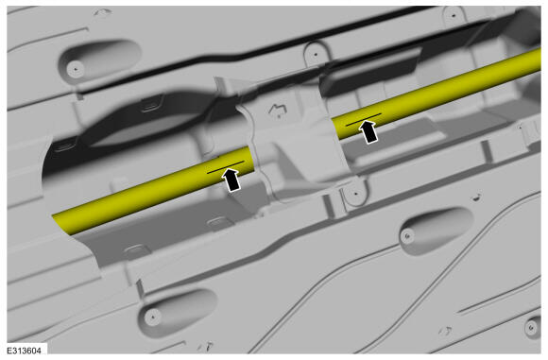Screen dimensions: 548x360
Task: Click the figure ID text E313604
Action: tap(25, 351)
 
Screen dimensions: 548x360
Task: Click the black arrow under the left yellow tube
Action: tap(231, 180)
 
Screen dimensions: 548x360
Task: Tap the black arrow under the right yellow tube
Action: tap(368, 131)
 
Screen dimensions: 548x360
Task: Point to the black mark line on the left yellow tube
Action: tap(226, 167)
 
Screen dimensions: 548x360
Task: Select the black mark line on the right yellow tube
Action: tap(364, 119)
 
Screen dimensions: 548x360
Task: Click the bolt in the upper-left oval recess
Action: tap(76, 69)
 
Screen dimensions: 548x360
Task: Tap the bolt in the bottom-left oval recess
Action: tap(152, 317)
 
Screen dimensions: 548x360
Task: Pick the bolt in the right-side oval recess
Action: tap(407, 236)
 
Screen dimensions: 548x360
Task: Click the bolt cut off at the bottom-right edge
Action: tap(532, 328)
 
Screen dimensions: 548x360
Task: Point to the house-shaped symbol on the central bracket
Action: tap(278, 110)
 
